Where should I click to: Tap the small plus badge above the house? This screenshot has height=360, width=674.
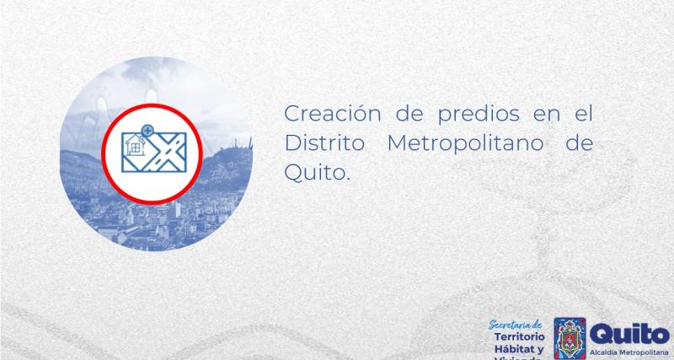148,132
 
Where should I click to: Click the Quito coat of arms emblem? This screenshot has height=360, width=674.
570,338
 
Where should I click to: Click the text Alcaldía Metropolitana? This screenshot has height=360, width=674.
629,350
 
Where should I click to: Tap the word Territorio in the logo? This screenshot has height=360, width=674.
517,336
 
